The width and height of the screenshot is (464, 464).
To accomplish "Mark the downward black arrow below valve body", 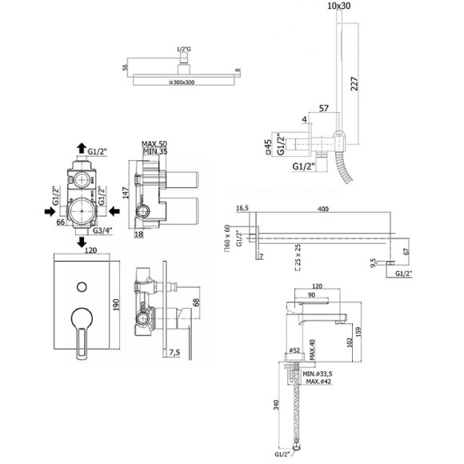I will pyautogui.click(x=81, y=242).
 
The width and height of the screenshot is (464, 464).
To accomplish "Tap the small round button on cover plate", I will pyautogui.click(x=81, y=285).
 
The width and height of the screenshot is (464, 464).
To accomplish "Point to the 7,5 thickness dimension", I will pyautogui.click(x=177, y=351).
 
